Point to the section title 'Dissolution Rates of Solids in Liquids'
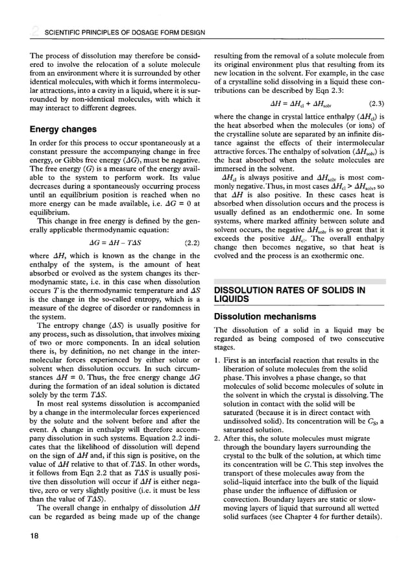[x=290, y=294]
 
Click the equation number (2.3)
[x=372, y=103]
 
